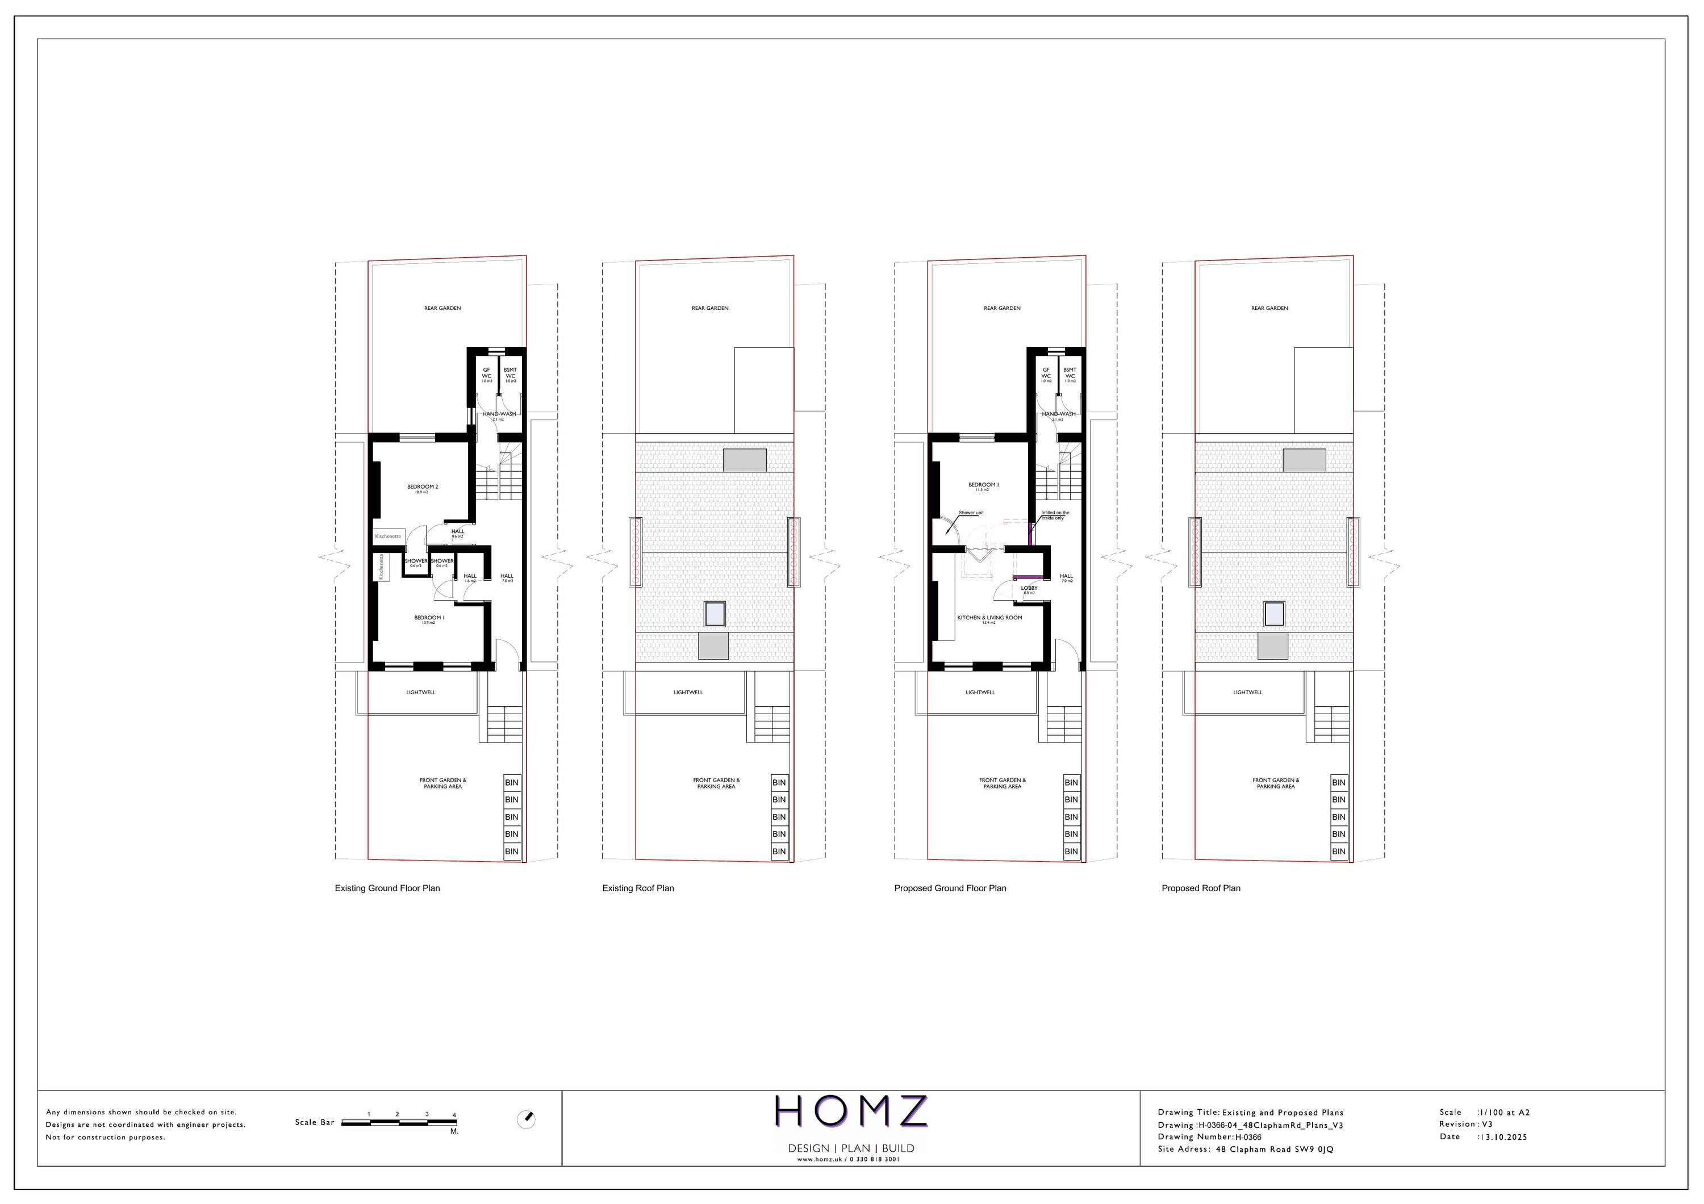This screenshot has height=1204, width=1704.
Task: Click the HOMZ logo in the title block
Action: click(x=850, y=1111)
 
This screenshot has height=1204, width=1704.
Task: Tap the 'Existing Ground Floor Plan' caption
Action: click(x=387, y=888)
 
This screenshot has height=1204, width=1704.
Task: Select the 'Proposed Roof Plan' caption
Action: click(x=1200, y=888)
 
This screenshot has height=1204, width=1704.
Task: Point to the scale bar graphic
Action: click(x=399, y=1122)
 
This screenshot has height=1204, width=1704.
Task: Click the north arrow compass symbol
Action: click(x=526, y=1119)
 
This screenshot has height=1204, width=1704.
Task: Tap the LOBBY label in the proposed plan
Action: click(x=1029, y=588)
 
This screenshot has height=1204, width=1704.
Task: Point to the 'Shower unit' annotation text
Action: click(x=971, y=513)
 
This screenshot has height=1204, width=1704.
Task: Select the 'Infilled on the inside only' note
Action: click(x=1055, y=515)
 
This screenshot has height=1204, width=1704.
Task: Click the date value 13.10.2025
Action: click(x=1505, y=1136)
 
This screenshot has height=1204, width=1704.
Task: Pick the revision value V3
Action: click(x=1486, y=1124)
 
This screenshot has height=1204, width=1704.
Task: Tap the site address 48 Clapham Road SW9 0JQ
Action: click(x=1274, y=1149)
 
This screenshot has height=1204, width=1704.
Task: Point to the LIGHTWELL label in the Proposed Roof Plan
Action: click(x=1247, y=692)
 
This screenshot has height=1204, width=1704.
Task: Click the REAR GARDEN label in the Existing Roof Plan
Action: click(x=710, y=308)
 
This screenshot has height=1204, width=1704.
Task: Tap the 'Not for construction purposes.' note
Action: click(x=106, y=1137)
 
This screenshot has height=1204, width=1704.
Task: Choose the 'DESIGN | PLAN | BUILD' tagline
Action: click(x=850, y=1148)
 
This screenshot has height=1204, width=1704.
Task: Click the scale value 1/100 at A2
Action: click(x=1505, y=1112)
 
